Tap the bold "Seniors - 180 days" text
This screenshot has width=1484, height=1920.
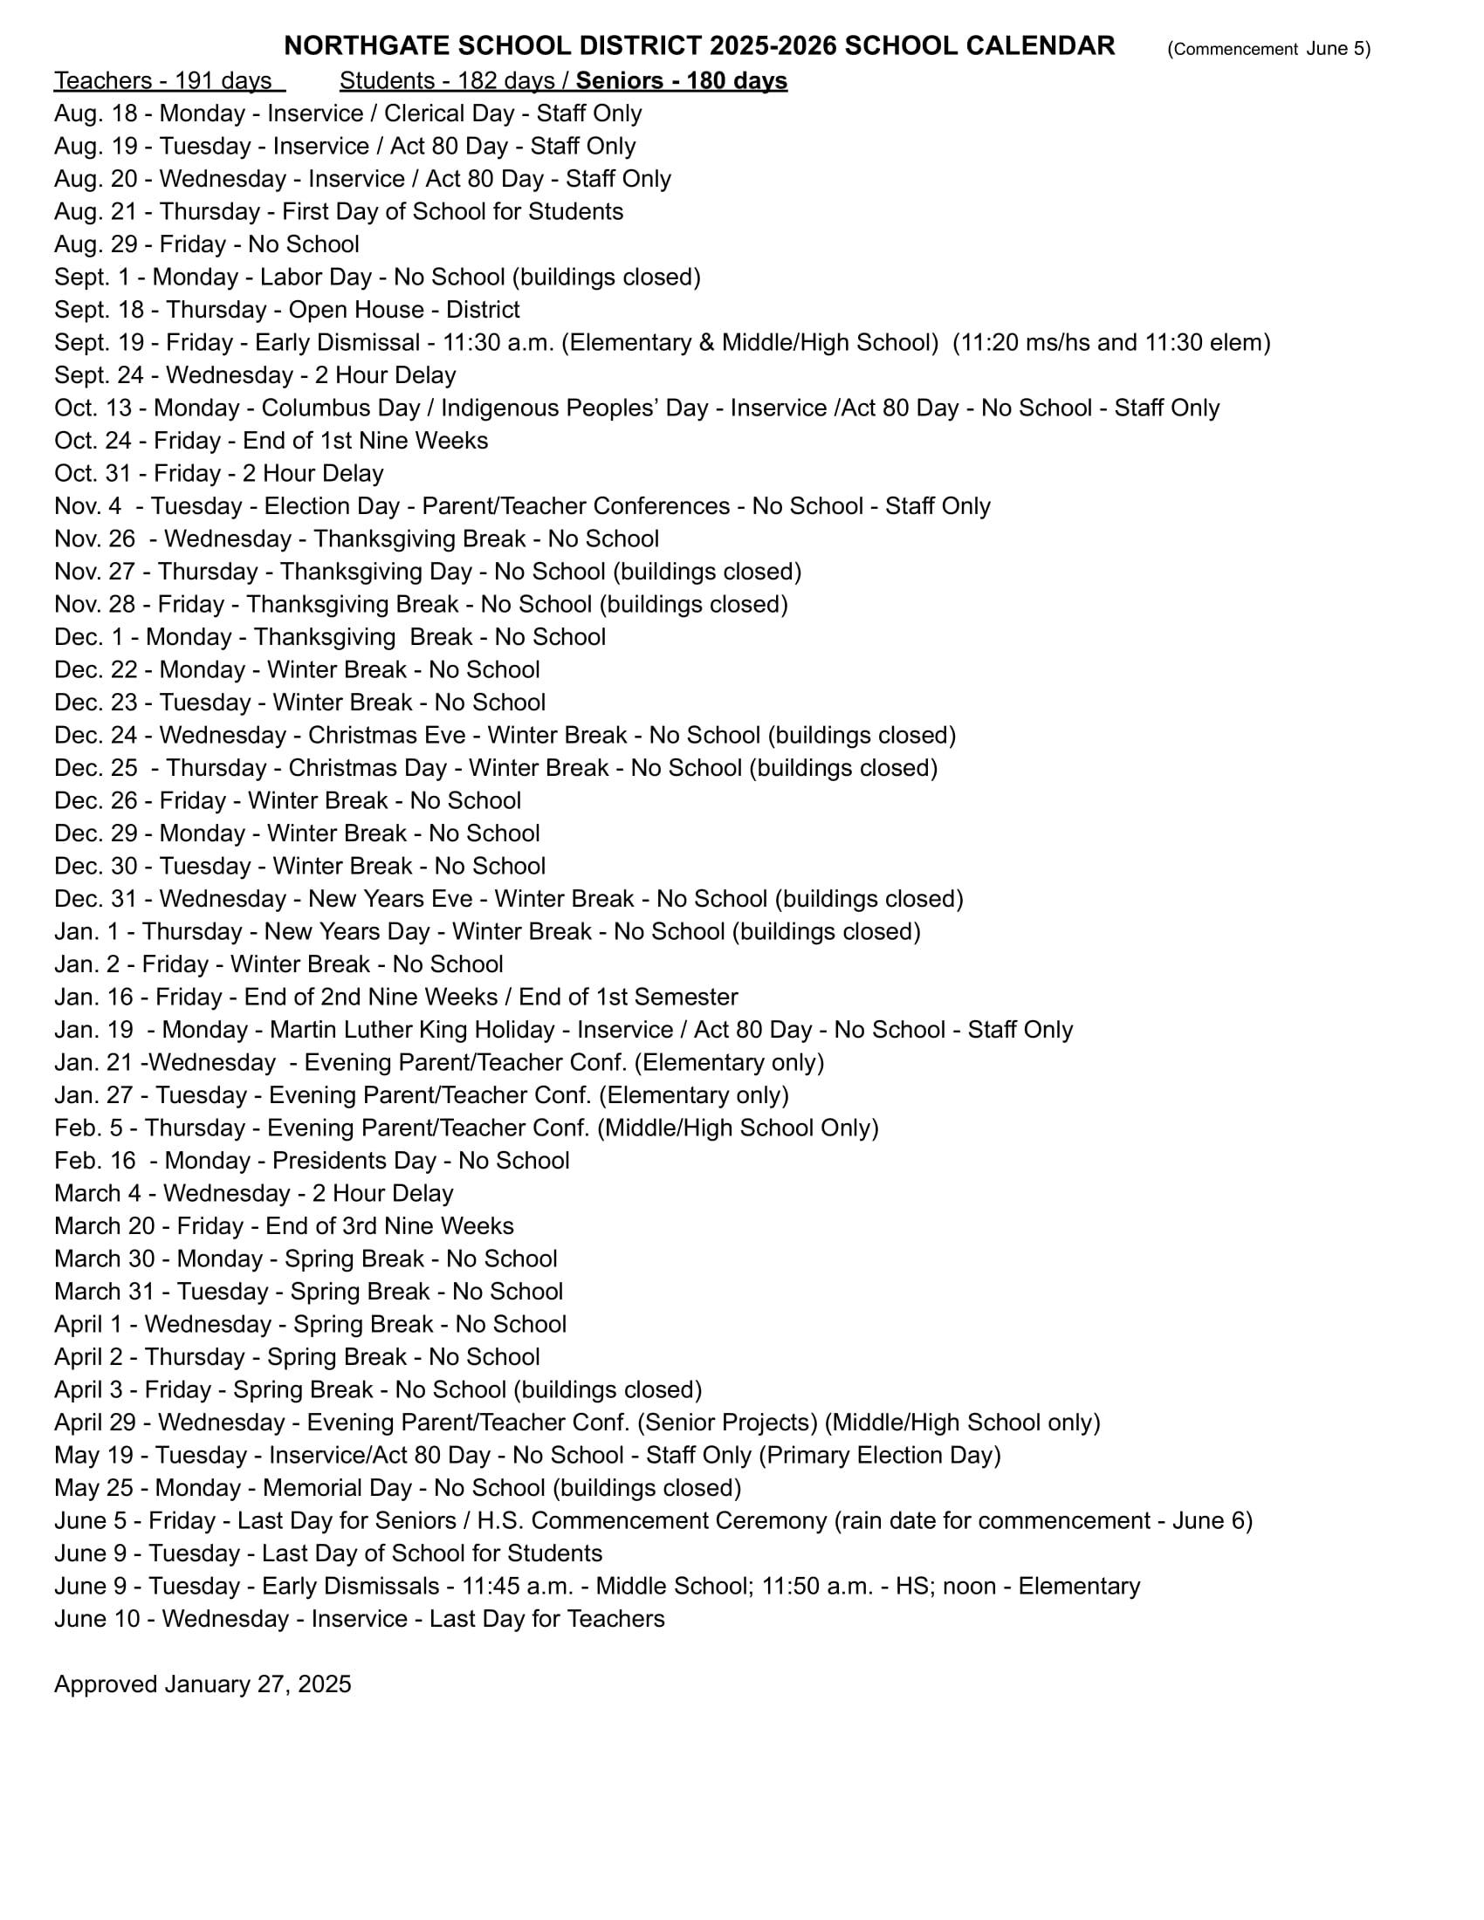(682, 81)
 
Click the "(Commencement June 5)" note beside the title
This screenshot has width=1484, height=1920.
(1268, 49)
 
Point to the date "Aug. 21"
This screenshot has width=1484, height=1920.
(95, 212)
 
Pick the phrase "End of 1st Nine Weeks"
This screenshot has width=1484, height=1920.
(365, 441)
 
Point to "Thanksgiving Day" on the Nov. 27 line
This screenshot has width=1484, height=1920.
(376, 572)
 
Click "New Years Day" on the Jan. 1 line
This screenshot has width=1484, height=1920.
(347, 932)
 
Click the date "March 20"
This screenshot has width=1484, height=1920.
(105, 1226)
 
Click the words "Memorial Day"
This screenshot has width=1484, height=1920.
(337, 1488)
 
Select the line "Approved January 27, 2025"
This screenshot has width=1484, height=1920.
(203, 1684)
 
